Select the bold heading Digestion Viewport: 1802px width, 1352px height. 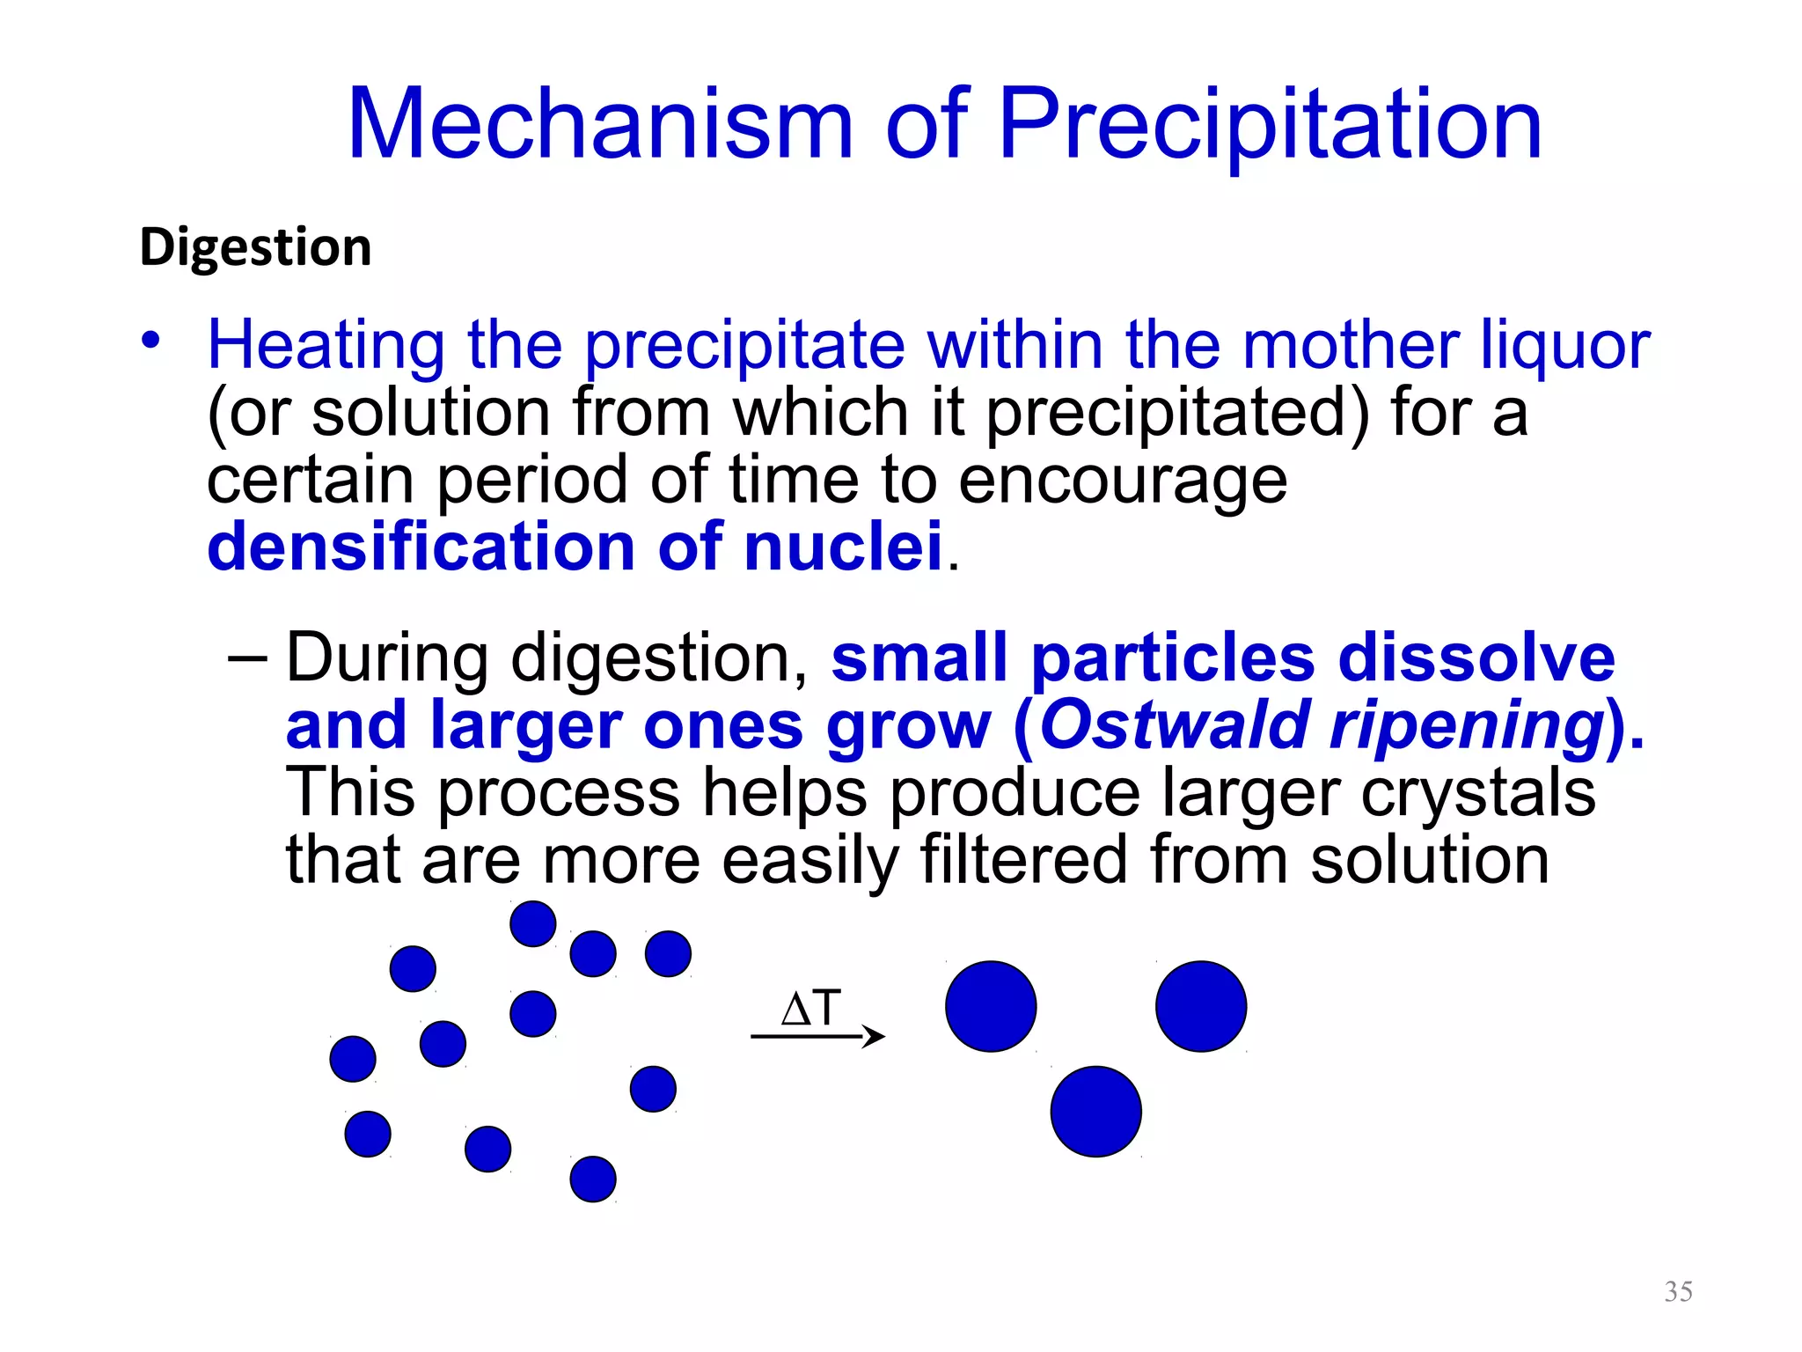[x=256, y=248]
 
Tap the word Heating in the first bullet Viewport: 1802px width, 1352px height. [x=326, y=345]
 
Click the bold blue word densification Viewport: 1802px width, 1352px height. [x=421, y=547]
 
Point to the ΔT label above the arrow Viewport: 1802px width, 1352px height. [x=811, y=1009]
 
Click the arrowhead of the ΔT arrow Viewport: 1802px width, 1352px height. [x=875, y=1036]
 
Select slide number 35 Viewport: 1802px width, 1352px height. [x=1678, y=1291]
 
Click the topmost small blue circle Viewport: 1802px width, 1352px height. [x=533, y=923]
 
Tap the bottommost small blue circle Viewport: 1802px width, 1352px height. [x=593, y=1179]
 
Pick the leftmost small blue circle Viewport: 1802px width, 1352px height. [x=353, y=1058]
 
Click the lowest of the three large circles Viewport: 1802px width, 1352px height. [x=1095, y=1112]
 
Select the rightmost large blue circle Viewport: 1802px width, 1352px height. [x=1201, y=1006]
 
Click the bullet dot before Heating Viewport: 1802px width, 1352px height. [x=151, y=340]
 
